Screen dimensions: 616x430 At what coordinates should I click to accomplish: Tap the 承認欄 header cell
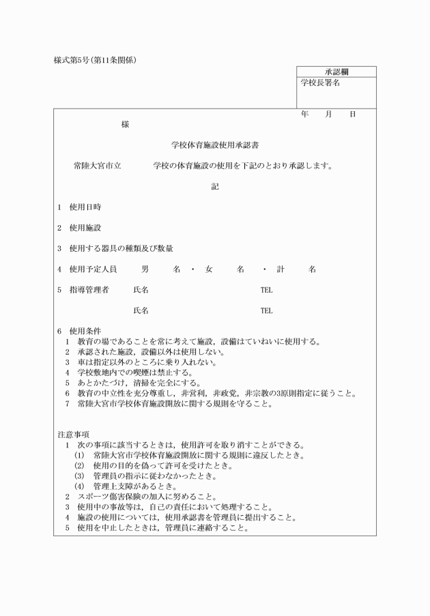point(336,72)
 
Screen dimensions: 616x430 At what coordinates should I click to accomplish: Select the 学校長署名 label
point(321,83)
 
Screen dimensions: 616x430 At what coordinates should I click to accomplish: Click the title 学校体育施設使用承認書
point(214,145)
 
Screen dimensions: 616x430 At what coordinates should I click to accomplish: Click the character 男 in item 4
point(145,269)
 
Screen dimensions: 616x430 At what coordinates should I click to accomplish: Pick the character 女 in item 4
point(209,269)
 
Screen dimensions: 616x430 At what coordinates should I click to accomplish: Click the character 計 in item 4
point(281,269)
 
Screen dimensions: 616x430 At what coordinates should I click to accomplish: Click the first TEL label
point(266,290)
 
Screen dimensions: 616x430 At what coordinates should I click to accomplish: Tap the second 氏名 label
point(141,310)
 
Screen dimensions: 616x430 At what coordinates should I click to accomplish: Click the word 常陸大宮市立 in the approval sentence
point(98,165)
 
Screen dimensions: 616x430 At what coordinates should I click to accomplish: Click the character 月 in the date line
point(328,115)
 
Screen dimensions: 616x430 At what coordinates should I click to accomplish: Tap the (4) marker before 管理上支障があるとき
point(79,486)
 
